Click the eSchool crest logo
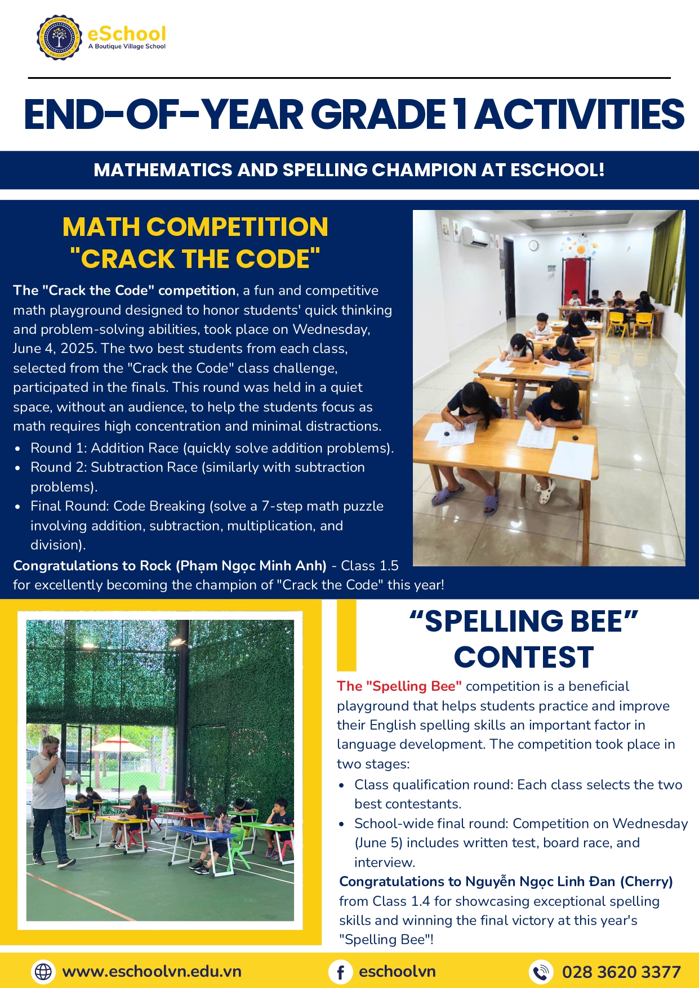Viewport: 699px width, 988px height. pyautogui.click(x=58, y=38)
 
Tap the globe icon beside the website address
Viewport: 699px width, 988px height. pyautogui.click(x=43, y=971)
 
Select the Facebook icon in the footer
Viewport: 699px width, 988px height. pyautogui.click(x=340, y=972)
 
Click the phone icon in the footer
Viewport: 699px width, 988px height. pyautogui.click(x=541, y=972)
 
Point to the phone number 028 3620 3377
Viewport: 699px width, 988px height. pyautogui.click(x=621, y=972)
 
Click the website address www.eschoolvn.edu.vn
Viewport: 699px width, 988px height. pyautogui.click(x=152, y=971)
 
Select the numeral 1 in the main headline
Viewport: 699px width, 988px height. pyautogui.click(x=460, y=114)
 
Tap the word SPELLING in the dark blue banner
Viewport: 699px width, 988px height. pyautogui.click(x=323, y=170)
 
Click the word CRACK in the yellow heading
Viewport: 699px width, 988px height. pyautogui.click(x=128, y=259)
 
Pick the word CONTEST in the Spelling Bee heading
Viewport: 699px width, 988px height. pyautogui.click(x=524, y=657)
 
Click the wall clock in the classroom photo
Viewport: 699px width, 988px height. pyautogui.click(x=533, y=245)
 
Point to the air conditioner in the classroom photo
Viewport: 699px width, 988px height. pyautogui.click(x=479, y=239)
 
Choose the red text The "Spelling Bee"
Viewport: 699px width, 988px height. pyautogui.click(x=399, y=686)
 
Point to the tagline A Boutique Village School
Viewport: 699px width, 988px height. pyautogui.click(x=127, y=47)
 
